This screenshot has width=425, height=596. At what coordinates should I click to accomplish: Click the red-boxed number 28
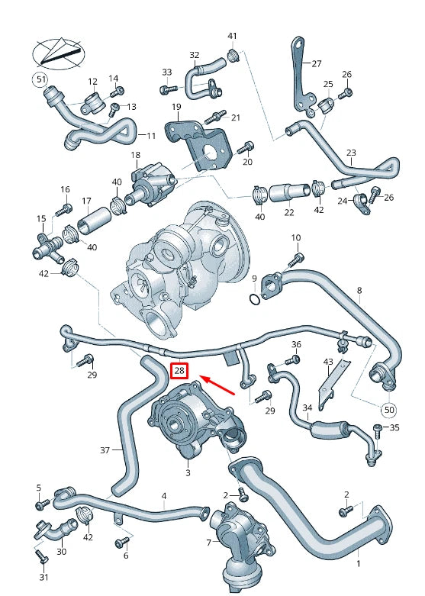point(180,371)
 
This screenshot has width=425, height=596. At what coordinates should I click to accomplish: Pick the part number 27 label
point(317,64)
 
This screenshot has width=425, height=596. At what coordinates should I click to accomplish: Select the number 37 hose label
point(105,451)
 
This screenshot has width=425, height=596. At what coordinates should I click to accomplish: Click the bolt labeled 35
point(377,427)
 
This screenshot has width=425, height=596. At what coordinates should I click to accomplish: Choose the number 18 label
point(136,156)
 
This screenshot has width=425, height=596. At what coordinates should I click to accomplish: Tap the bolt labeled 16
point(65,207)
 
